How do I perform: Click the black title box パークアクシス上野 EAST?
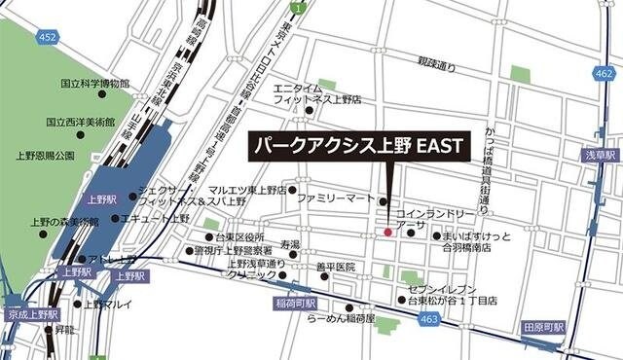coord(358,147)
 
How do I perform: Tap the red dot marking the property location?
coord(387,233)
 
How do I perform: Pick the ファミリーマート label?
coord(336,198)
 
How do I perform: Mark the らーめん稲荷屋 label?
coord(340,320)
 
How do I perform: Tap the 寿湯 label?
coord(289,244)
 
